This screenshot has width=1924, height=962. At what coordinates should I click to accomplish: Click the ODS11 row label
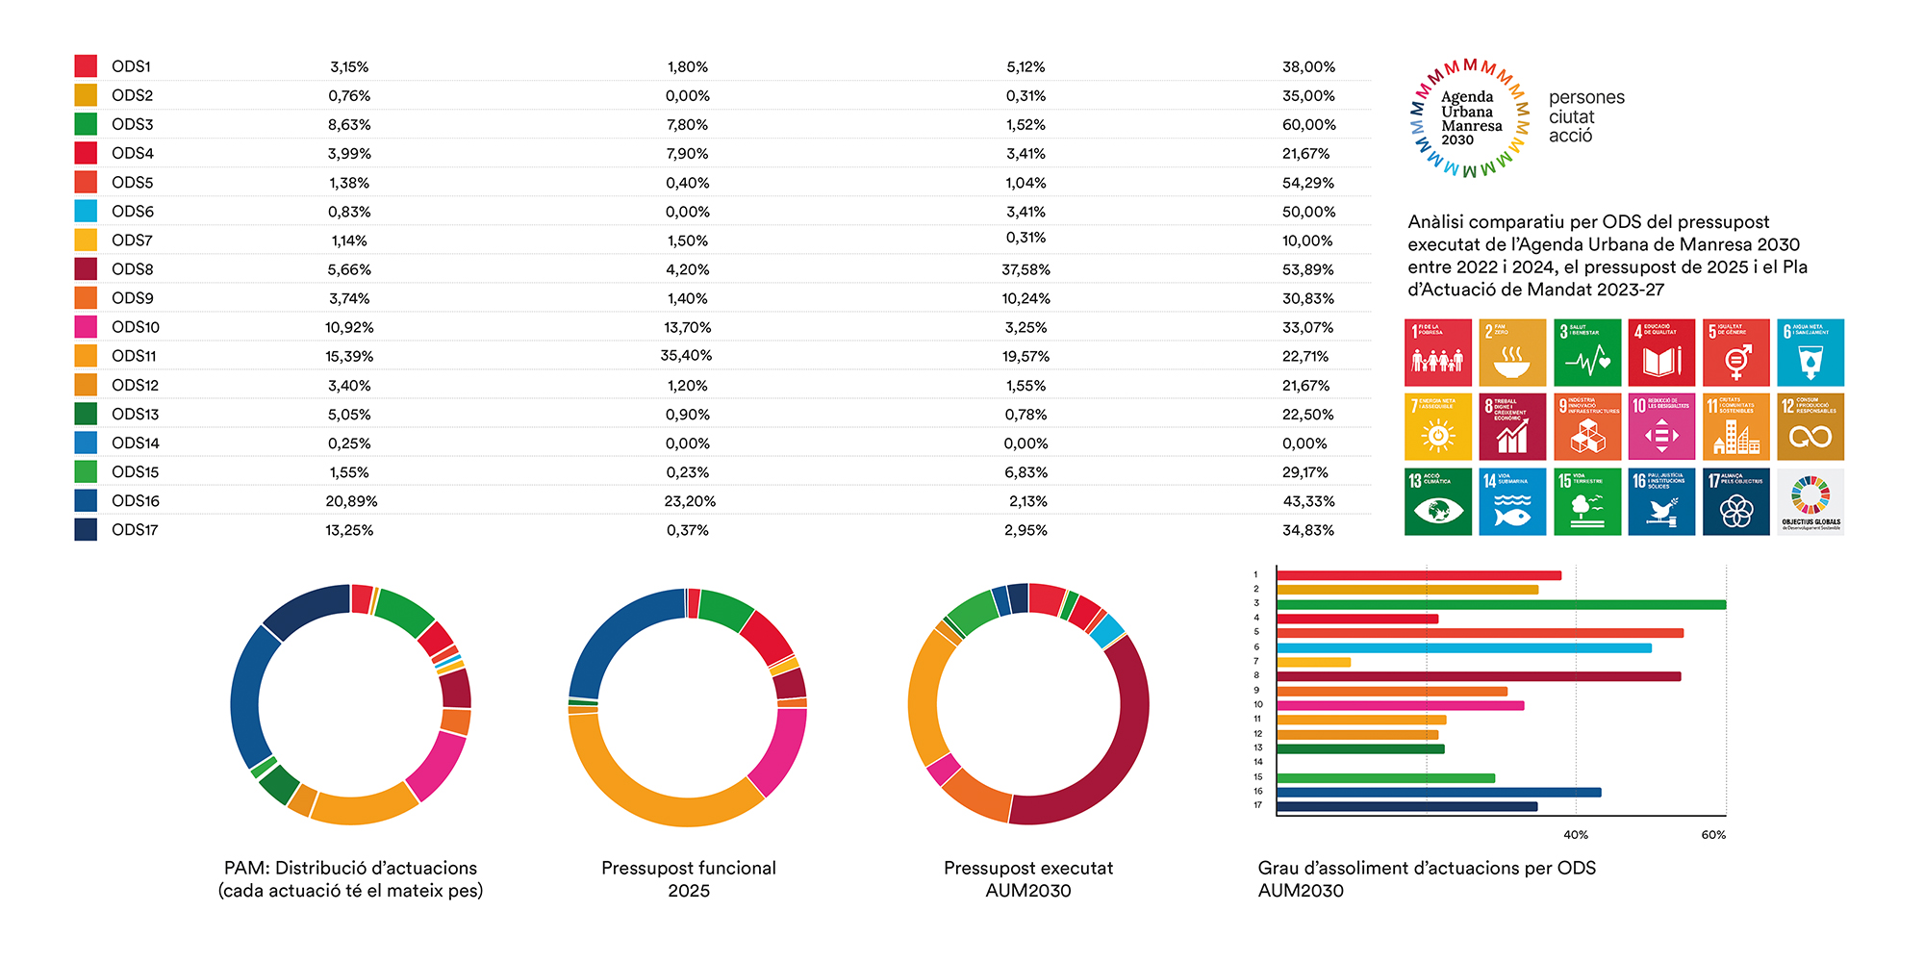pyautogui.click(x=134, y=356)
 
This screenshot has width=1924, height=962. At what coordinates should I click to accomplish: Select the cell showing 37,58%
pyautogui.click(x=1025, y=269)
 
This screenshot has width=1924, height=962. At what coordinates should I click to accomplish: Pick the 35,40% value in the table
pyautogui.click(x=686, y=356)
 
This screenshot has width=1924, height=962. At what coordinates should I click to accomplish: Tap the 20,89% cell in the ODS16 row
pyautogui.click(x=351, y=501)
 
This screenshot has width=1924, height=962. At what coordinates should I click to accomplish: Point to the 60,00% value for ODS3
pyautogui.click(x=1308, y=125)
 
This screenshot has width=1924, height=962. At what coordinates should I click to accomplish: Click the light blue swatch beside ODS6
pyautogui.click(x=86, y=211)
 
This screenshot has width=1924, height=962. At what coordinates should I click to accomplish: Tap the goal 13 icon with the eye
pyautogui.click(x=1437, y=501)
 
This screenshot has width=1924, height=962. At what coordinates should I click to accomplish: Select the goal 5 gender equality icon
pyautogui.click(x=1735, y=352)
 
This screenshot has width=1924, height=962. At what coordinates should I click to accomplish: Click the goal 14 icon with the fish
pyautogui.click(x=1511, y=501)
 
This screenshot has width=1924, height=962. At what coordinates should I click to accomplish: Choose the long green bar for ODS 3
pyautogui.click(x=1501, y=605)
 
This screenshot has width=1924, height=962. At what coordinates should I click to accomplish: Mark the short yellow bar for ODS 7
pyautogui.click(x=1313, y=662)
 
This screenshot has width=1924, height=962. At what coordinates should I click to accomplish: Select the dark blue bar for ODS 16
pyautogui.click(x=1438, y=793)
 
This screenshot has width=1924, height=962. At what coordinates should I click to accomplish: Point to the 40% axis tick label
pyautogui.click(x=1576, y=835)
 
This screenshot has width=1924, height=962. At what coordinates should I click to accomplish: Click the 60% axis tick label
pyautogui.click(x=1713, y=835)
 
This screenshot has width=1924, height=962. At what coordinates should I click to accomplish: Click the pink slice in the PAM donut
pyautogui.click(x=438, y=765)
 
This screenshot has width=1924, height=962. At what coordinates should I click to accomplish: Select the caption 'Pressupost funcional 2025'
pyautogui.click(x=689, y=879)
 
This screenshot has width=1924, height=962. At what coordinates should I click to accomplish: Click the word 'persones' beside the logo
pyautogui.click(x=1586, y=97)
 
